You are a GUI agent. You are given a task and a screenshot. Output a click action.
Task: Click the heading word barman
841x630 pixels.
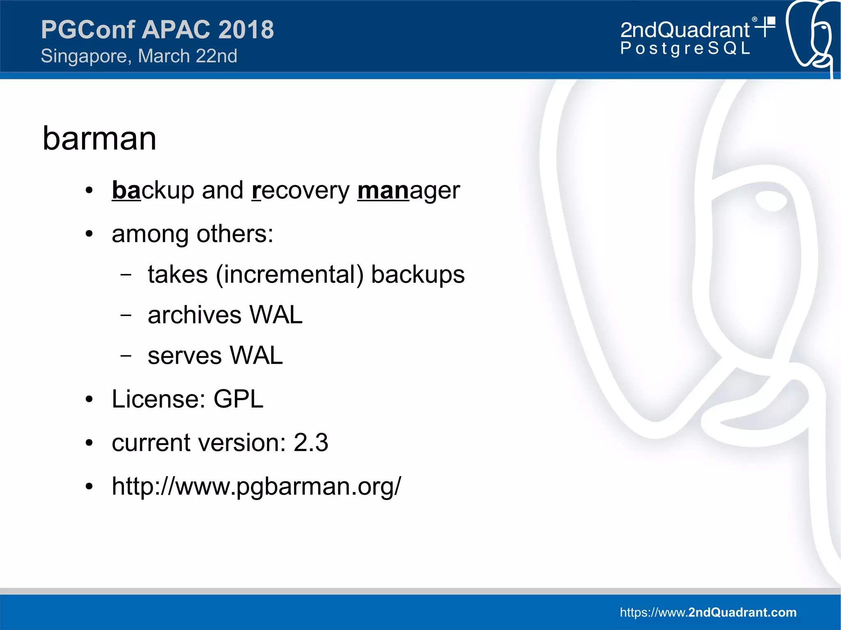click(x=99, y=139)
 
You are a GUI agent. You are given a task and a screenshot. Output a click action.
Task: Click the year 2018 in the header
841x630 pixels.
click(x=246, y=30)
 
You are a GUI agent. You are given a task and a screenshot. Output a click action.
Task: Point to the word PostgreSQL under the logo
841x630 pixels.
click(x=685, y=48)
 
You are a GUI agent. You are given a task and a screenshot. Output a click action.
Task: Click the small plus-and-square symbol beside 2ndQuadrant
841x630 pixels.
click(x=766, y=26)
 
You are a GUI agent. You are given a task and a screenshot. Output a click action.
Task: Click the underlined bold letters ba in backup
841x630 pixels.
click(x=126, y=190)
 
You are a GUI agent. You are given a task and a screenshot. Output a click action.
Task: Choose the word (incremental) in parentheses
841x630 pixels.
click(x=290, y=274)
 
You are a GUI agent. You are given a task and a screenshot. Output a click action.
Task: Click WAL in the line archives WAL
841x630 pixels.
click(x=276, y=315)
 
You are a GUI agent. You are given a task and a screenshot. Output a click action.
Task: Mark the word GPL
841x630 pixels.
click(x=238, y=399)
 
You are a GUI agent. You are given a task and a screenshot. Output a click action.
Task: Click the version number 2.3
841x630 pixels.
click(x=311, y=443)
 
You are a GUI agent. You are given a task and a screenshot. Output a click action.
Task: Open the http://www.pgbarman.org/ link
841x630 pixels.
click(x=256, y=487)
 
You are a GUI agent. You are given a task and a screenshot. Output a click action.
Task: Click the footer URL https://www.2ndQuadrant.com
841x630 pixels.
click(x=708, y=612)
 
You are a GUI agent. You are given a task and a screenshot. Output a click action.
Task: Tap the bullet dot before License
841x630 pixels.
click(x=89, y=399)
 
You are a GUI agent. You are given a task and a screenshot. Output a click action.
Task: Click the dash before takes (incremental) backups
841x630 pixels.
click(x=126, y=275)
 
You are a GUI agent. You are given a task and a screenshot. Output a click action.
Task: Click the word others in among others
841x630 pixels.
click(x=234, y=234)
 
